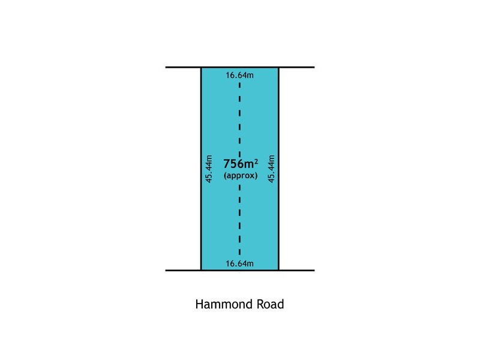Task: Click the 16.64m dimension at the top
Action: click(x=239, y=75)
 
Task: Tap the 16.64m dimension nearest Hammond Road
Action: click(x=239, y=263)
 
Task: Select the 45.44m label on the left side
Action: click(x=209, y=169)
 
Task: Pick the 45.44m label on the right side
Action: click(x=271, y=169)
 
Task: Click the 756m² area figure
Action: click(x=241, y=164)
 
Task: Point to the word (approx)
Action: click(x=241, y=175)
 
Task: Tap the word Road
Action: click(x=271, y=304)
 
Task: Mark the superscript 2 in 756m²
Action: click(x=256, y=161)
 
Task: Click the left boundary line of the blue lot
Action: click(x=201, y=169)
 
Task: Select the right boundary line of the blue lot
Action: click(x=278, y=169)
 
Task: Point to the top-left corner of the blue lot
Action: click(x=201, y=67)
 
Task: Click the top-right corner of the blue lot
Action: click(x=278, y=67)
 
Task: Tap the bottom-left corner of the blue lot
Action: click(x=201, y=271)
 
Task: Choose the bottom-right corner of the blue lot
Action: click(x=278, y=271)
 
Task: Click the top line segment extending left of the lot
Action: click(x=183, y=67)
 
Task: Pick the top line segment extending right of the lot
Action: click(x=296, y=67)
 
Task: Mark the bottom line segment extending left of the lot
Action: click(x=183, y=271)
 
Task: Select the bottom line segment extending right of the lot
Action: click(x=296, y=271)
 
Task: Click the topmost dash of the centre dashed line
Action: click(x=239, y=85)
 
